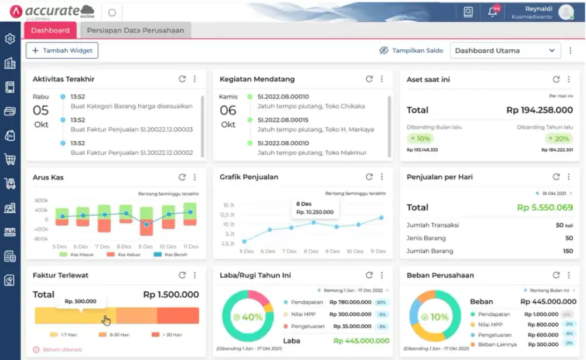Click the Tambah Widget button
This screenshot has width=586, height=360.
click(62, 50)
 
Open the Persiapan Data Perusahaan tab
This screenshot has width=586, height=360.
click(135, 30)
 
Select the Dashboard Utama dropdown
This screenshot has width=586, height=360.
click(505, 50)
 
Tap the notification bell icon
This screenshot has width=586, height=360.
click(493, 12)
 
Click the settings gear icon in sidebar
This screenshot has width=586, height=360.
click(10, 39)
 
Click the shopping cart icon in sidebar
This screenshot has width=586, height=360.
click(10, 159)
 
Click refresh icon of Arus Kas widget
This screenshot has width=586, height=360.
click(182, 177)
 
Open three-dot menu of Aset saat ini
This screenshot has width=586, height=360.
click(568, 79)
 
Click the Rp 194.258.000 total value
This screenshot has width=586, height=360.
click(539, 110)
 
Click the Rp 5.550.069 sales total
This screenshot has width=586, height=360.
click(544, 208)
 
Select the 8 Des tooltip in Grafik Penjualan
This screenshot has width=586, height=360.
click(315, 208)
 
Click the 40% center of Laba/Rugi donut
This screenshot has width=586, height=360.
click(247, 317)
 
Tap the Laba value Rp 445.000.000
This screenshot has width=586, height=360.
click(361, 341)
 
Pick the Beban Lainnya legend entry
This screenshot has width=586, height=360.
click(496, 345)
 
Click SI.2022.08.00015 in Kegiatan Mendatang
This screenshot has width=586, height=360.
click(283, 120)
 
